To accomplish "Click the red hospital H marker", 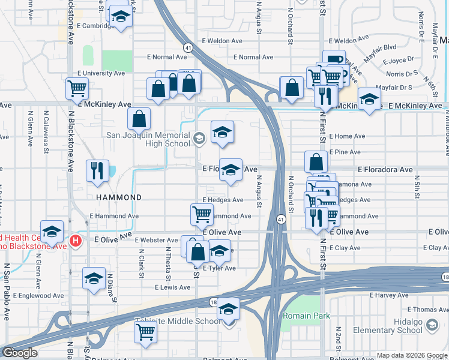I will [75, 241].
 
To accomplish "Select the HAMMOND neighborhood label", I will [118, 197].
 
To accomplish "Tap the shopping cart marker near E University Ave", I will [77, 89].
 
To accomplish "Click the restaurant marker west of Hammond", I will [97, 170].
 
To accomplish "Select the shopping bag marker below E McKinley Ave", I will [139, 119].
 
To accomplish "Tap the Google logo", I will [20, 353].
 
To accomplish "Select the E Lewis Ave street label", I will [172, 287].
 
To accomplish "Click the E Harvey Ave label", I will [388, 295].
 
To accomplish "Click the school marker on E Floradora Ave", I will [230, 170].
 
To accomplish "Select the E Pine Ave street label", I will [347, 152].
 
